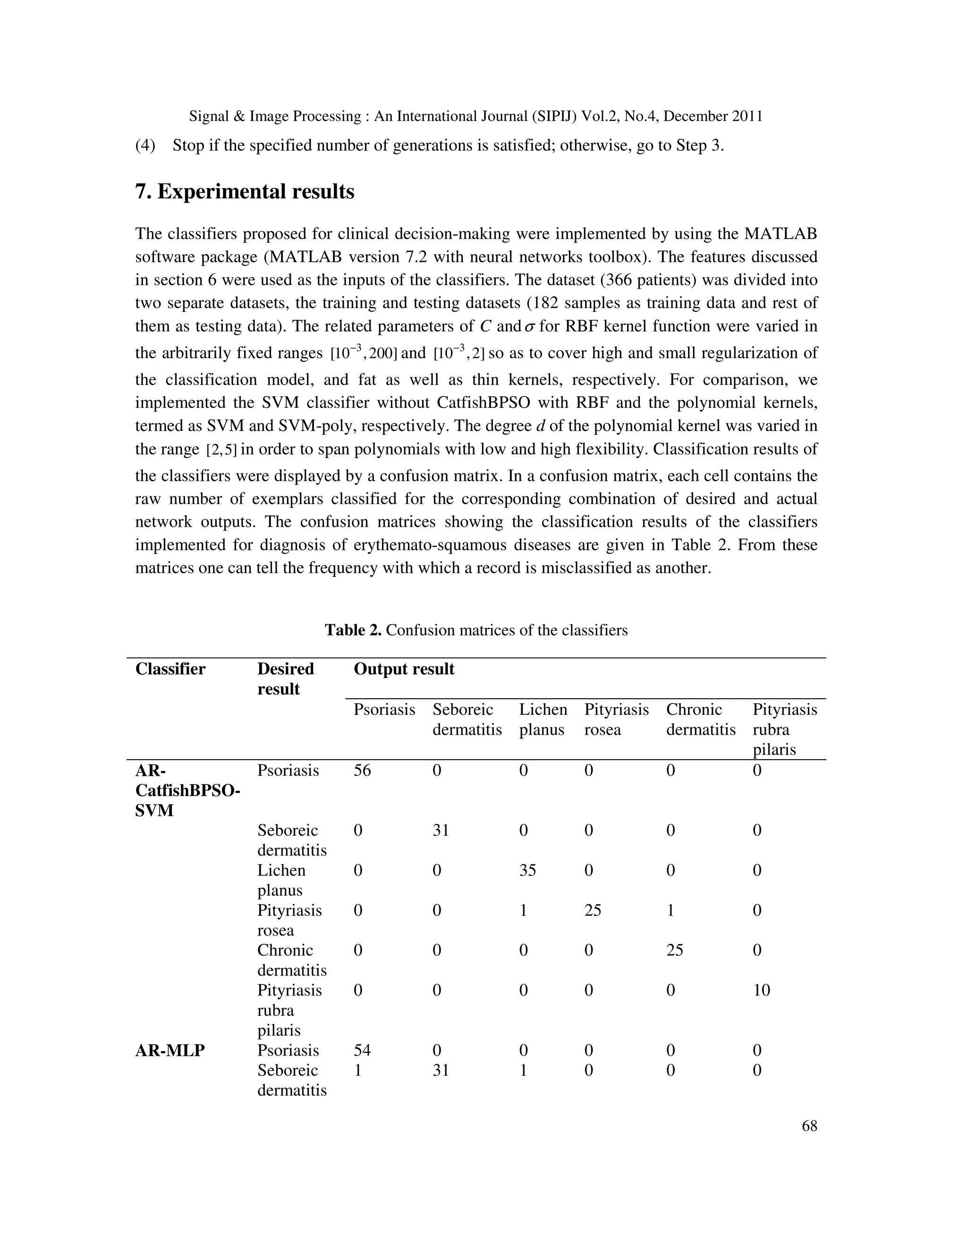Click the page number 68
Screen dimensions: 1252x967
point(809,1126)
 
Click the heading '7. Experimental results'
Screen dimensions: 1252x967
point(245,191)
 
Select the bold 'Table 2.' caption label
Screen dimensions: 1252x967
point(353,630)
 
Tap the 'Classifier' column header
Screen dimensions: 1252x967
point(170,669)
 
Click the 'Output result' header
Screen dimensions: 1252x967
point(404,669)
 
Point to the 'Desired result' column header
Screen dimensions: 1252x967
point(285,679)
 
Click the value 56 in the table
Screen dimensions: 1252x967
point(362,770)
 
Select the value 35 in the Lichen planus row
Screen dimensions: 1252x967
point(527,870)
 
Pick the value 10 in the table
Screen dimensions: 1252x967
point(761,990)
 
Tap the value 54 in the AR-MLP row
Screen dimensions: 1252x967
point(362,1050)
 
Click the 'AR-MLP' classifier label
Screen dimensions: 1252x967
point(170,1050)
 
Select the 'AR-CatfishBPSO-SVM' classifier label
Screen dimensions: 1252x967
point(187,790)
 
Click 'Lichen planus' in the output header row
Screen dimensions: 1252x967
point(543,720)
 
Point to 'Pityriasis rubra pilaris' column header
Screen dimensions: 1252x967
point(784,729)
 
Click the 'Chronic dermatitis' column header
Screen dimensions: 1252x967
point(700,720)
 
